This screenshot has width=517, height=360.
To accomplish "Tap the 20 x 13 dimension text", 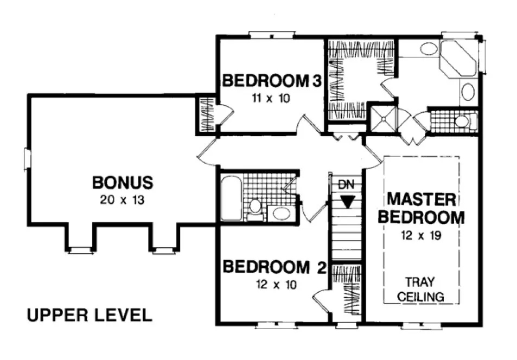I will pos(122,200).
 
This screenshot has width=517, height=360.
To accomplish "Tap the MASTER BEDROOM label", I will pos(421,208).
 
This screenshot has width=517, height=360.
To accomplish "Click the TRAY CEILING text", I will pos(421,290).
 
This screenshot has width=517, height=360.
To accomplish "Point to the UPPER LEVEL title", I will pos(89,315).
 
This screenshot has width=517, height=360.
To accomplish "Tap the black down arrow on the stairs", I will pos(347,201).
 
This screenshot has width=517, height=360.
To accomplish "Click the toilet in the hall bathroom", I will pos(255,209).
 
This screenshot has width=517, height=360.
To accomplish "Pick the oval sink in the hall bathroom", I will pos(281,213).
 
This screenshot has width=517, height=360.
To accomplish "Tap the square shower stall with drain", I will pos(383,118).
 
